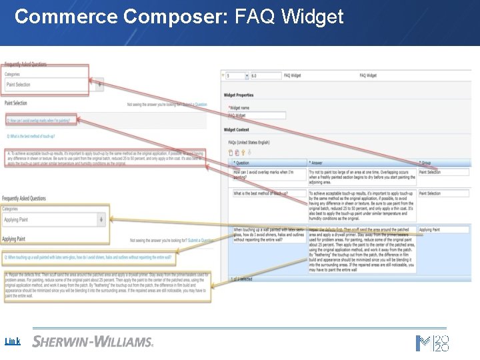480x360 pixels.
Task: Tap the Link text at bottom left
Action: click(12, 341)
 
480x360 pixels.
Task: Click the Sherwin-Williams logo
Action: click(93, 341)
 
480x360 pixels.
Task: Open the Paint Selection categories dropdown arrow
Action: click(100, 85)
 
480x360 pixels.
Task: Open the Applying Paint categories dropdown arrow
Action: click(101, 219)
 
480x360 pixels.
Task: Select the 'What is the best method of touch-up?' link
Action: click(32, 136)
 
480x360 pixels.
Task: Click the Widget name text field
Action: click(257, 115)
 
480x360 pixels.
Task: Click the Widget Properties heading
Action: click(239, 95)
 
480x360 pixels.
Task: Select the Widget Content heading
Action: click(237, 129)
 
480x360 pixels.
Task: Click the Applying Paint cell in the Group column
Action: click(443, 229)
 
